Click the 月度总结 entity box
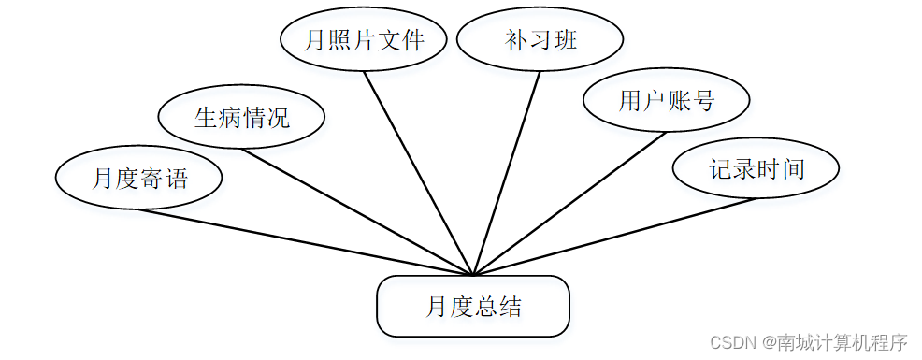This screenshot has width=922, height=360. tap(473, 306)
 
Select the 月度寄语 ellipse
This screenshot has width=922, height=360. tap(138, 177)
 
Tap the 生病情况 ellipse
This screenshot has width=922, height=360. tap(241, 118)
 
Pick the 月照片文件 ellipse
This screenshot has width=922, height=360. tap(364, 40)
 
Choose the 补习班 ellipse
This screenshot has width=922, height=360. tap(540, 40)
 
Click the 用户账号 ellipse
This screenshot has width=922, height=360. tap(666, 101)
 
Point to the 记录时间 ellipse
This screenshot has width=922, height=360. tap(756, 169)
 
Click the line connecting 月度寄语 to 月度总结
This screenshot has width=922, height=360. tap(306, 242)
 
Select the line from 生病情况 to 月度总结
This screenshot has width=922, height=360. tap(357, 211)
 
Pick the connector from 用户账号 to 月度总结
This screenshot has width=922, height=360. tap(569, 204)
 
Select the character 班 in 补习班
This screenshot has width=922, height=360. tap(565, 40)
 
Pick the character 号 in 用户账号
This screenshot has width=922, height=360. tap(703, 101)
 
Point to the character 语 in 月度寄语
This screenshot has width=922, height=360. tap(177, 178)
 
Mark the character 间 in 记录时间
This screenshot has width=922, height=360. tap(793, 169)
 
